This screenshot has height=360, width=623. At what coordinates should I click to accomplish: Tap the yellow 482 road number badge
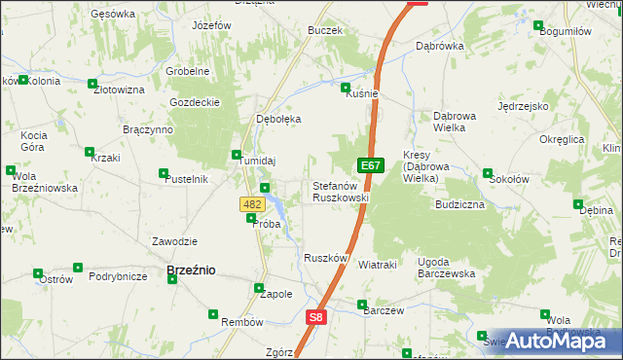(251, 204)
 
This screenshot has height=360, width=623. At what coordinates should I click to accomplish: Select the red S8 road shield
(315, 317)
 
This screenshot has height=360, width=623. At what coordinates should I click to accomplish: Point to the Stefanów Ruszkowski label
(340, 192)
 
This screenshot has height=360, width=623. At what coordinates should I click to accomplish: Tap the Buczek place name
(324, 31)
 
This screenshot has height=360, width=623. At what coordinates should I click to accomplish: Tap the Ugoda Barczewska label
(446, 268)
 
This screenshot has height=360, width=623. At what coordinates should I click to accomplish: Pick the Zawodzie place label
(175, 241)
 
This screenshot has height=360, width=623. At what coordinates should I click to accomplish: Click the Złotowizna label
(119, 90)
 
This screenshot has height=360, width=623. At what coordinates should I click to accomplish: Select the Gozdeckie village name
(192, 102)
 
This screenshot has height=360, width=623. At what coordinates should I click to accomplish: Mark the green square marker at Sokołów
(487, 174)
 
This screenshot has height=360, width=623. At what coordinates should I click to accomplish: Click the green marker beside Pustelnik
(163, 174)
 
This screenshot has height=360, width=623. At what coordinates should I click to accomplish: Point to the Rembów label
(242, 322)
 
